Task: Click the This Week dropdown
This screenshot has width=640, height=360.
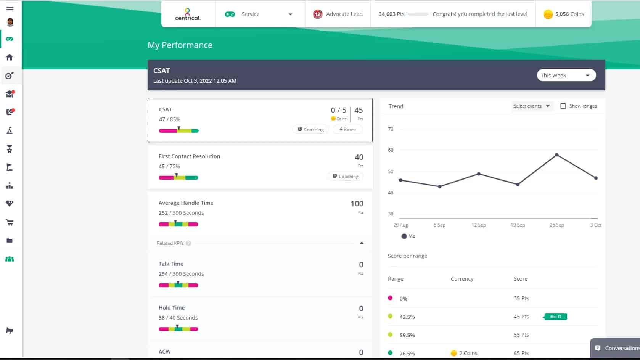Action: tap(566, 76)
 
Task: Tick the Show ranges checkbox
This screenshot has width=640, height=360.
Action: tap(563, 106)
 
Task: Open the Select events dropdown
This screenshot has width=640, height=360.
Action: tap(531, 106)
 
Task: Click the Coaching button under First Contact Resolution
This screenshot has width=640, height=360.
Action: tap(345, 177)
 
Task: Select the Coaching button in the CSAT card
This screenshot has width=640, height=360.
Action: tap(310, 130)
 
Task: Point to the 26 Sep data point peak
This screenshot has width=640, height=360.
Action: tap(557, 155)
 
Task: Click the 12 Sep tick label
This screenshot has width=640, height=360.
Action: tap(479, 225)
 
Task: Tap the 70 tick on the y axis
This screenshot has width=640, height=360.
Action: tap(391, 129)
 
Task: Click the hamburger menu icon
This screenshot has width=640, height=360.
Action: tap(10, 9)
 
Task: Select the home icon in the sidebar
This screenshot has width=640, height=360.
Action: tap(10, 57)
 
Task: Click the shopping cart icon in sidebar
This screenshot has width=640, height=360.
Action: tap(10, 222)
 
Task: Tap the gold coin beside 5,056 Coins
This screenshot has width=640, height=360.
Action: tap(548, 14)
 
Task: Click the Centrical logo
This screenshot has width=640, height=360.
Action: tap(188, 14)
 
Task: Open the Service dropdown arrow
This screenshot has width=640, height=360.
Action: tap(290, 14)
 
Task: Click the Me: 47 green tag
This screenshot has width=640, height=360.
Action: tap(556, 317)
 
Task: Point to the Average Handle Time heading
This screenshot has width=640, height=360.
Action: tap(186, 203)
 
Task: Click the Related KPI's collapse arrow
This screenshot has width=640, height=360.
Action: tap(362, 243)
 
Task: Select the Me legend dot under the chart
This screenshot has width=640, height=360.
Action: tap(404, 236)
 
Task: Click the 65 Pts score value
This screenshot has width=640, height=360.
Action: tap(521, 353)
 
